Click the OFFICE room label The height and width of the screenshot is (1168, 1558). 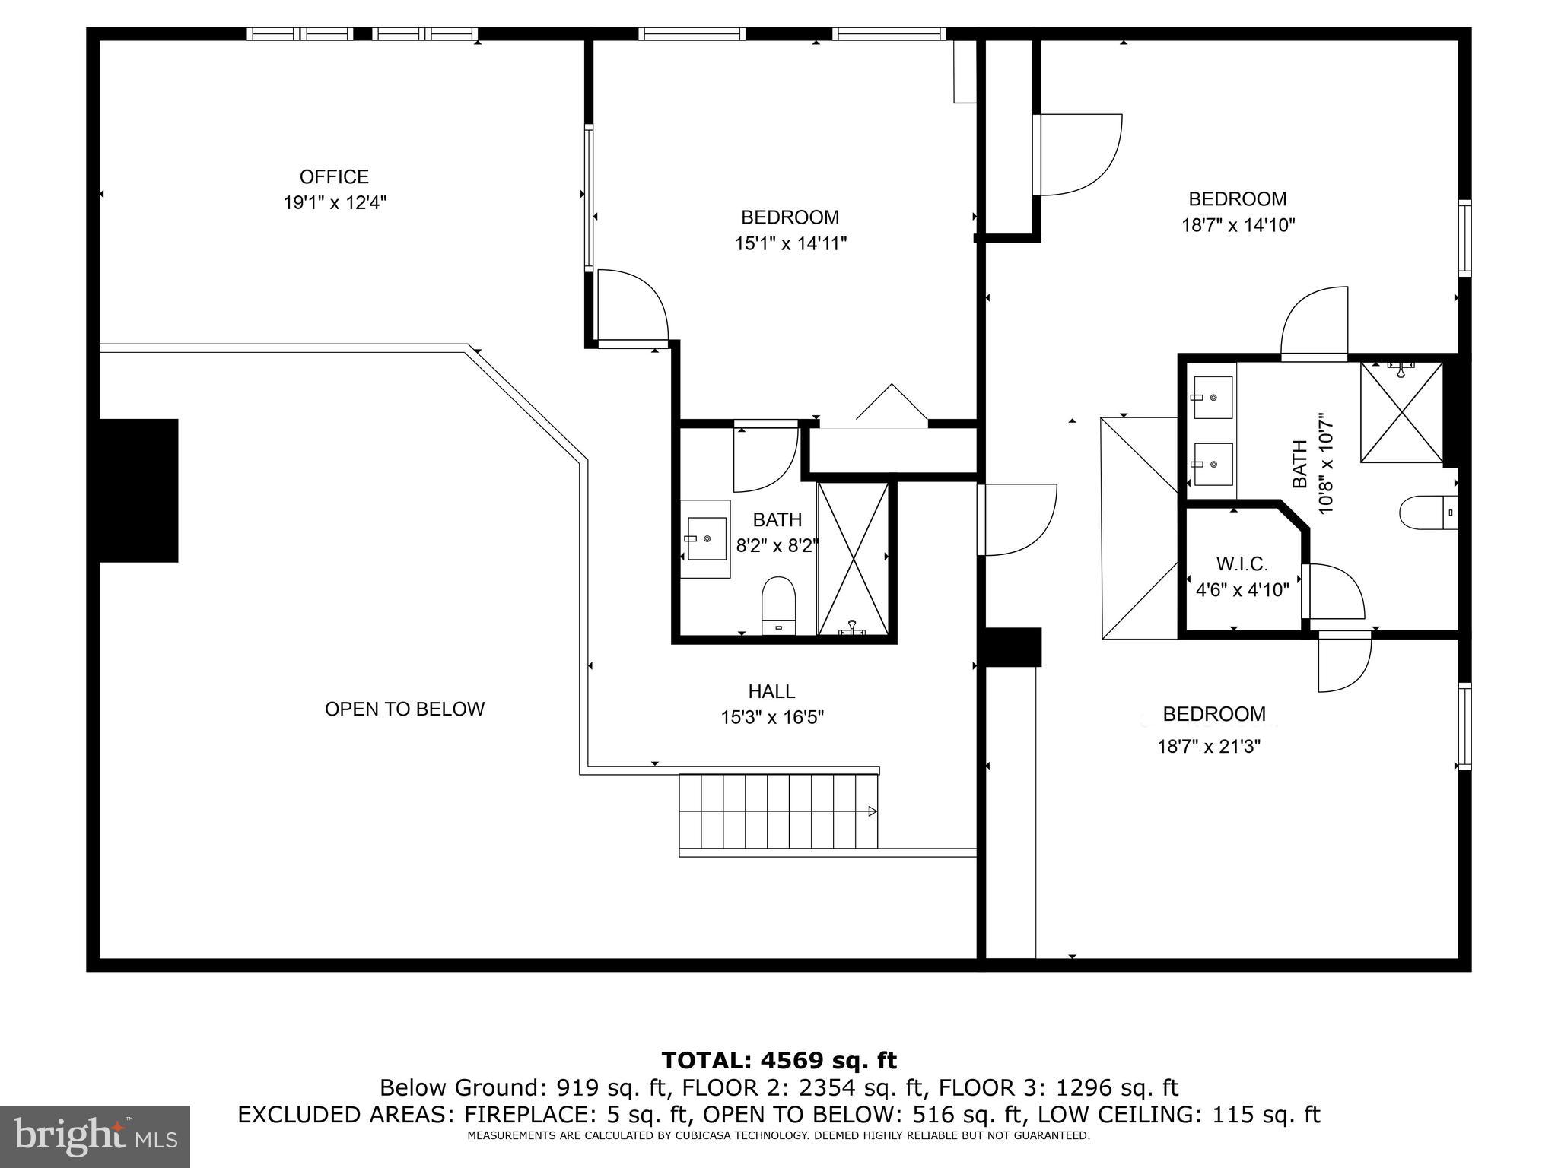[334, 177]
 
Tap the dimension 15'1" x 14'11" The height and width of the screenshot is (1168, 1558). [790, 244]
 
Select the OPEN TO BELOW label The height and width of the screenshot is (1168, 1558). [404, 709]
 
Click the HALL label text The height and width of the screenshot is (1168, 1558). [771, 691]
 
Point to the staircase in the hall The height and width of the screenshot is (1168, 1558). [777, 811]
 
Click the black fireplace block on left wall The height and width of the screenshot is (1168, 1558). [138, 490]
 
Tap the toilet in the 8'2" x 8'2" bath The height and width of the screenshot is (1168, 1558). [778, 605]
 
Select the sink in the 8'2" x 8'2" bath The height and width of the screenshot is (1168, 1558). [705, 538]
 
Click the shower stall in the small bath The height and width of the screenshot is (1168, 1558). [853, 559]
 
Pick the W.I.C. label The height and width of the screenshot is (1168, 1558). [1242, 564]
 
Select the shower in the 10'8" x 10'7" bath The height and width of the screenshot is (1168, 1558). [1401, 412]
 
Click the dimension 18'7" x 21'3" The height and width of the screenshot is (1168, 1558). [1209, 747]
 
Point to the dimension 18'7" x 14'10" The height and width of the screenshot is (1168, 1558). [1238, 226]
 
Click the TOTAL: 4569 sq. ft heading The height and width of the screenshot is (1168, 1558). [778, 1060]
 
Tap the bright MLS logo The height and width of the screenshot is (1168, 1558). [94, 1136]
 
